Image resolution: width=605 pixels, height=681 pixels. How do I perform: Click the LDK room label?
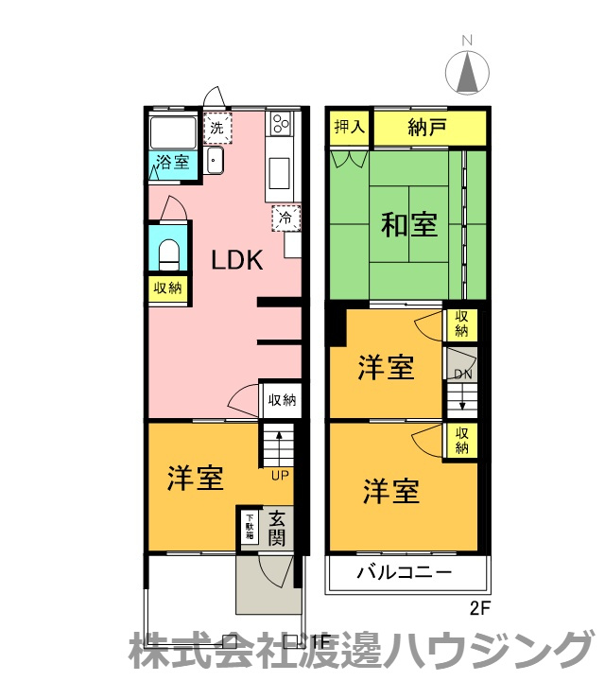pyautogui.click(x=235, y=260)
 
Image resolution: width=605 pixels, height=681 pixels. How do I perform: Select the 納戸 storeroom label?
pyautogui.click(x=427, y=128)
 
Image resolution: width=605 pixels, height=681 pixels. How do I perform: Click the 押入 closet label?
pyautogui.click(x=350, y=128)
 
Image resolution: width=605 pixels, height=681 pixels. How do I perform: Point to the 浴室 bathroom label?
pyautogui.click(x=173, y=161)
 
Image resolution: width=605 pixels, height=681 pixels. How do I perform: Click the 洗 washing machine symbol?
pyautogui.click(x=217, y=127)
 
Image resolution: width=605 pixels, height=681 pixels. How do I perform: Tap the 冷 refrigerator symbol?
pyautogui.click(x=285, y=218)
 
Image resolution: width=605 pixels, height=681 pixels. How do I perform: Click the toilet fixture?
pyautogui.click(x=169, y=253)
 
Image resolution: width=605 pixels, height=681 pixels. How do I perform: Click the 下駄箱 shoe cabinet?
pyautogui.click(x=250, y=525)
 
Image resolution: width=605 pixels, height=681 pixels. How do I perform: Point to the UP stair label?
pyautogui.click(x=280, y=475)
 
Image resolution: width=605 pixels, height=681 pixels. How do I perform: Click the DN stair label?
pyautogui.click(x=462, y=374)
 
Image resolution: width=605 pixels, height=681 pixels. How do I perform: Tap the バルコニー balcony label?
pyautogui.click(x=404, y=572)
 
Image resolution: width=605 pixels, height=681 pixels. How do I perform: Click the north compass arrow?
pyautogui.click(x=465, y=72)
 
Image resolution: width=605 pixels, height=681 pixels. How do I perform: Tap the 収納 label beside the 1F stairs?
pyautogui.click(x=280, y=400)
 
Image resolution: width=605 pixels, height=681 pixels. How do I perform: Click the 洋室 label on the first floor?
pyautogui.click(x=196, y=479)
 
